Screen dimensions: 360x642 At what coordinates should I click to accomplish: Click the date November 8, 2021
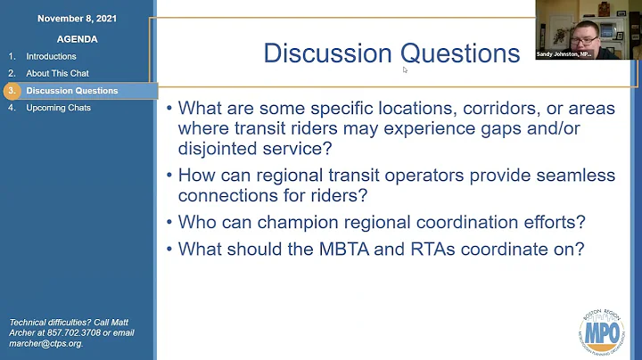(x=76, y=18)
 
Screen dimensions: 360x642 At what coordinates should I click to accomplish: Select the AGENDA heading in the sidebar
(x=77, y=39)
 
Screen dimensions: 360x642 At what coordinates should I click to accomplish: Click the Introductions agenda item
(x=51, y=56)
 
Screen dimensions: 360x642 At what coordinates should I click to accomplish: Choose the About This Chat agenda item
(x=57, y=73)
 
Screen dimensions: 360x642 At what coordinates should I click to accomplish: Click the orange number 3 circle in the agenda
(x=12, y=91)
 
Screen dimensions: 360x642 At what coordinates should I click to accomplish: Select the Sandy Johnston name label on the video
(x=563, y=53)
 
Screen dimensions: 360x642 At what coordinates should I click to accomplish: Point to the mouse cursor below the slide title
(x=405, y=70)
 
